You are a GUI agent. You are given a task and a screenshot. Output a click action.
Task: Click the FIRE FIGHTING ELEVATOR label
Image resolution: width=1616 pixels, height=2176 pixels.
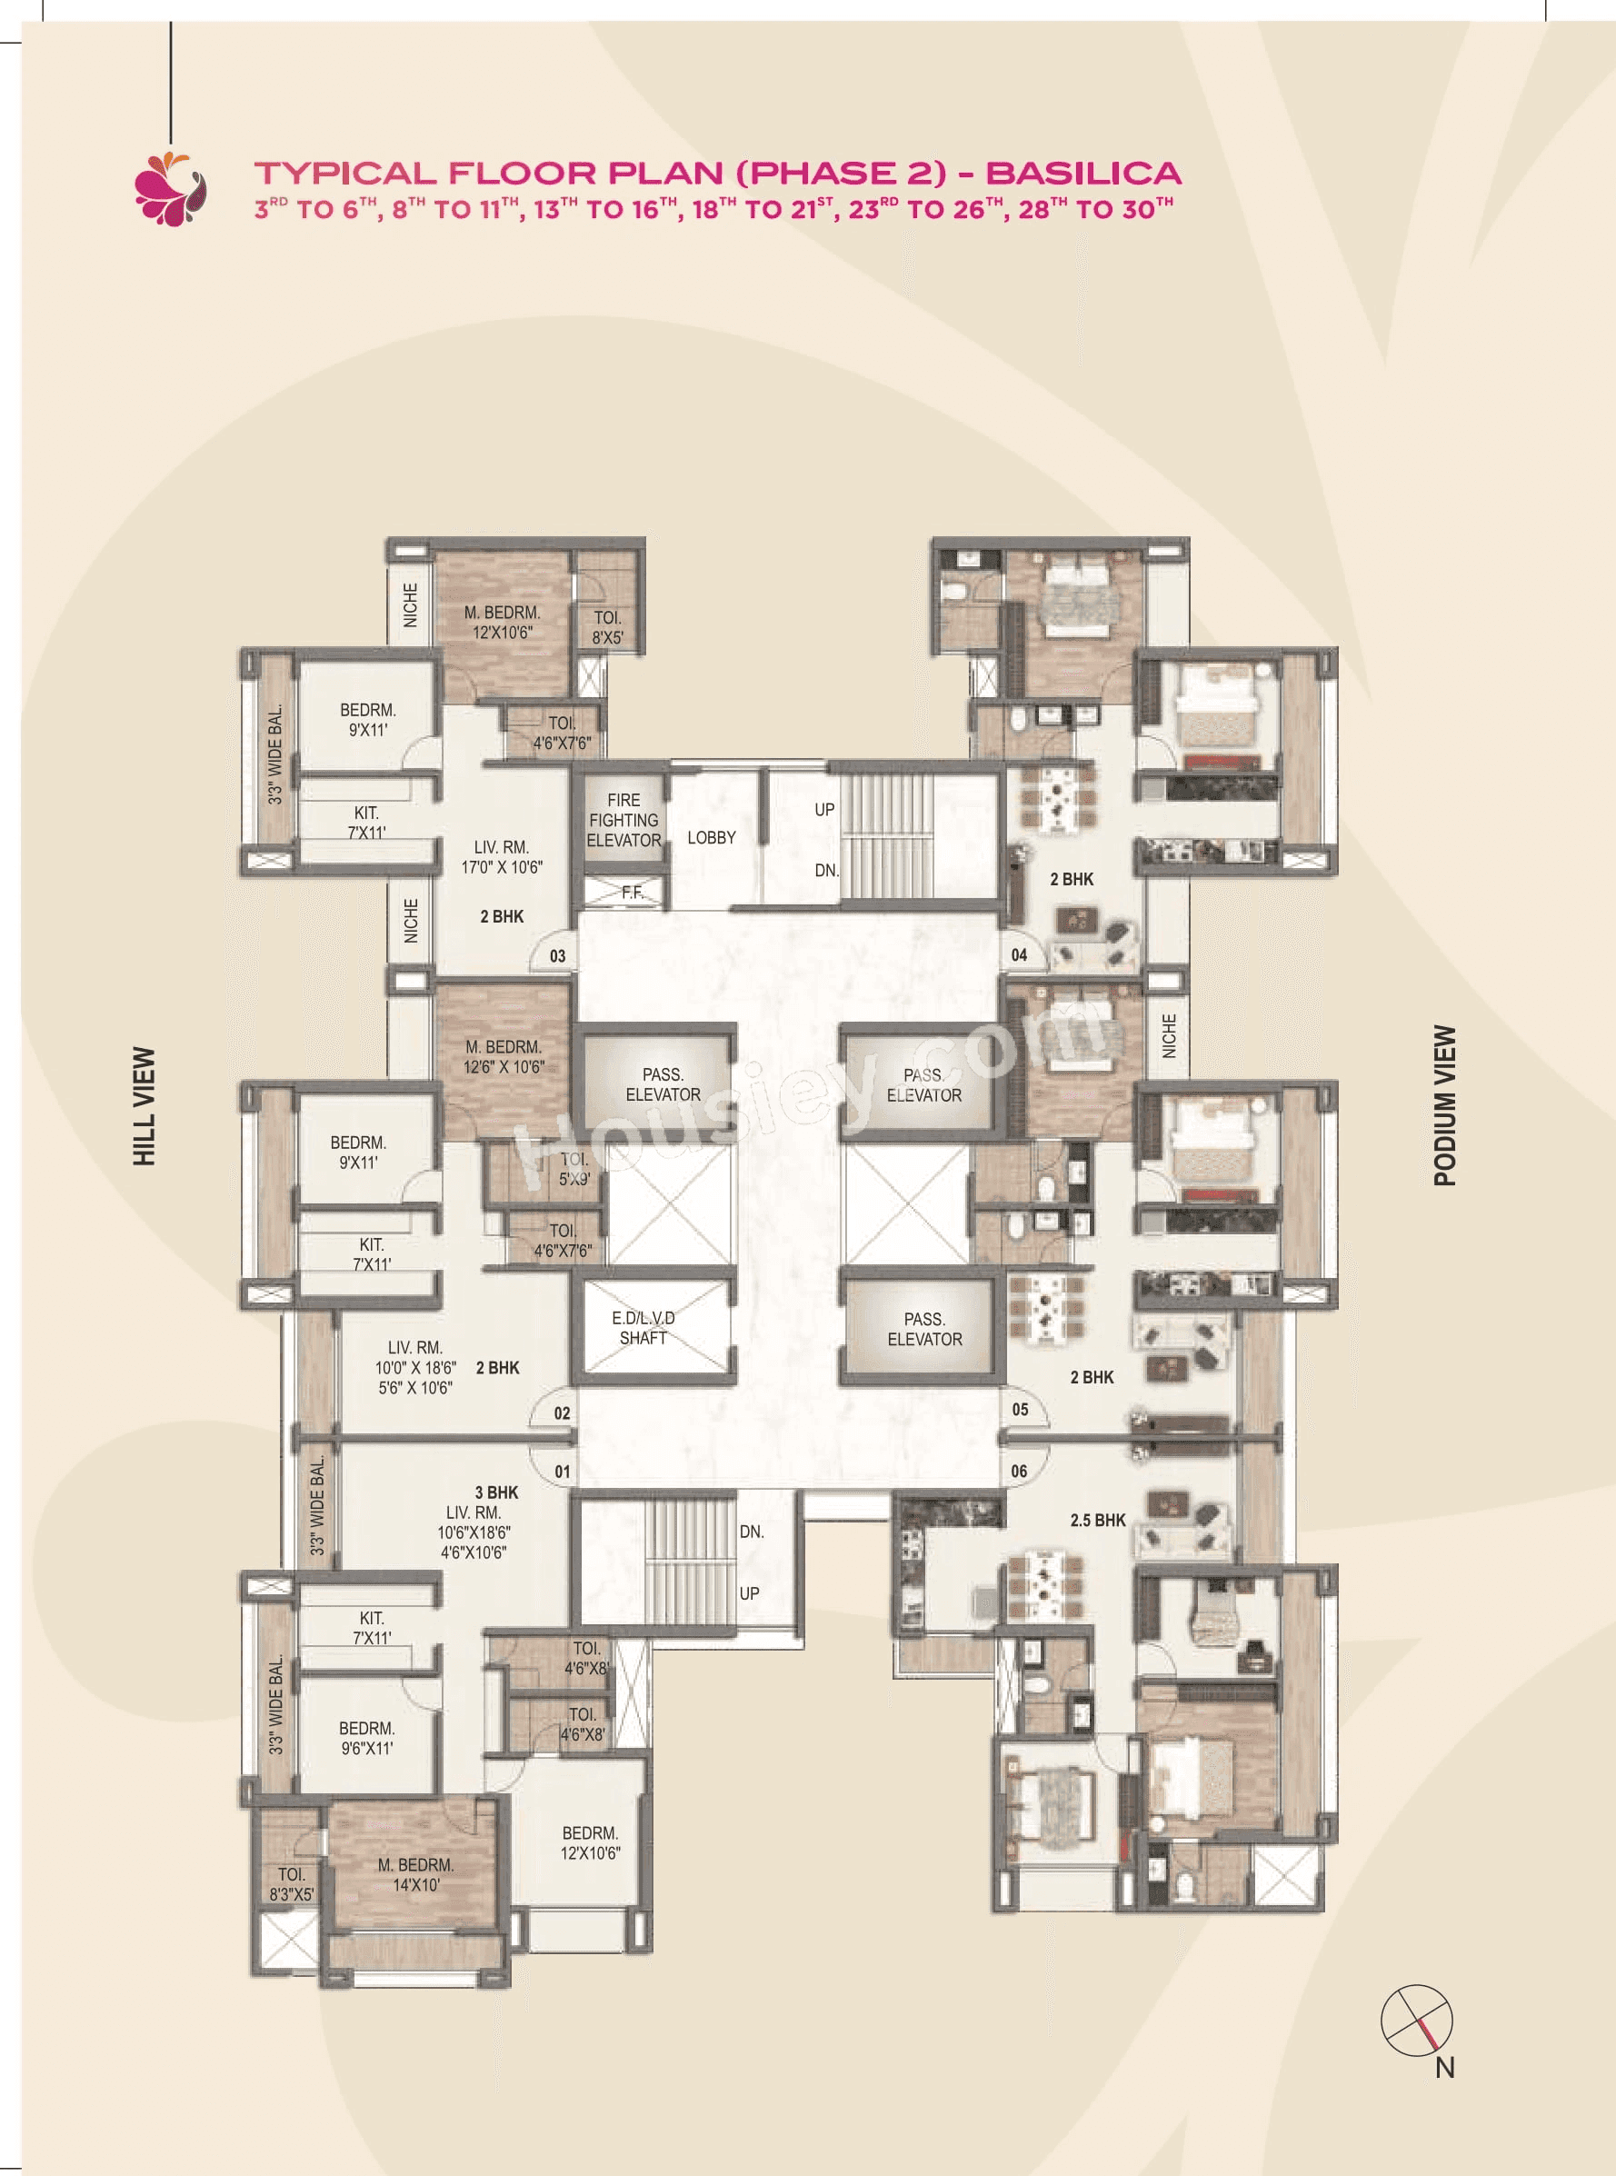click(x=623, y=820)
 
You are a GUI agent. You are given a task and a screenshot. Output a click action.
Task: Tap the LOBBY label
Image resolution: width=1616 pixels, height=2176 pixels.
click(x=711, y=838)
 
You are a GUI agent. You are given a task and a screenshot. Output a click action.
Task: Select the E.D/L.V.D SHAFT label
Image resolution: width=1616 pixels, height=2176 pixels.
click(x=643, y=1328)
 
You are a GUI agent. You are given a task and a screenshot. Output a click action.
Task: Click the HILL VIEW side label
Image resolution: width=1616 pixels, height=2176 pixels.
click(x=145, y=1106)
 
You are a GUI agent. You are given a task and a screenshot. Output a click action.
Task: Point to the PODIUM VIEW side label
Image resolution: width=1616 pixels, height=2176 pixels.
click(x=1445, y=1105)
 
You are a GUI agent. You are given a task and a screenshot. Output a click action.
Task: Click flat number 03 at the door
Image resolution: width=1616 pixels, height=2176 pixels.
click(x=557, y=955)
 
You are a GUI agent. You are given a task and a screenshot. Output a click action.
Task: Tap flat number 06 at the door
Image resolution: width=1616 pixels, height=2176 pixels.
click(x=1019, y=1471)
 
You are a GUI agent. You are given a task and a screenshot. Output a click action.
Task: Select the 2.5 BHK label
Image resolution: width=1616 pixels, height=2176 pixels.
click(x=1098, y=1520)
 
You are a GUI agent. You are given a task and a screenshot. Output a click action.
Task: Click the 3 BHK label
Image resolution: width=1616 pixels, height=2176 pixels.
click(x=496, y=1492)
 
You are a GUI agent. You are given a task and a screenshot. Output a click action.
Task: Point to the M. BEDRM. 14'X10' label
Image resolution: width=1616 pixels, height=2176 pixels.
click(x=415, y=1875)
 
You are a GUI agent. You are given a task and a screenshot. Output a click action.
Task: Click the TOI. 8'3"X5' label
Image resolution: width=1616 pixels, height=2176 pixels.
click(x=292, y=1884)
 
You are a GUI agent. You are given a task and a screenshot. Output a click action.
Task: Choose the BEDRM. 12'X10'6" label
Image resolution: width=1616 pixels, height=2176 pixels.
click(x=590, y=1842)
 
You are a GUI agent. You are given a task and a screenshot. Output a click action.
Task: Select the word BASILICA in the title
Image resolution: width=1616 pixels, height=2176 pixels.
click(x=1082, y=173)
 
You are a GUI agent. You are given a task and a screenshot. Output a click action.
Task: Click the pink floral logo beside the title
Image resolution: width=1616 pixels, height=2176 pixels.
click(x=171, y=189)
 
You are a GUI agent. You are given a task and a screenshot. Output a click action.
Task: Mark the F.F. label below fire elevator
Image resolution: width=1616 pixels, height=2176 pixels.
click(x=632, y=892)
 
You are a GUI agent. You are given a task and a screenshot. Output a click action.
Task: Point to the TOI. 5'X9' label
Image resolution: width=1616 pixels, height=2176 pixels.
click(x=574, y=1169)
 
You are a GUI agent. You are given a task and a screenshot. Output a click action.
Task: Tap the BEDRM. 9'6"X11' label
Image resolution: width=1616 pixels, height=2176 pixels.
click(x=367, y=1738)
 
